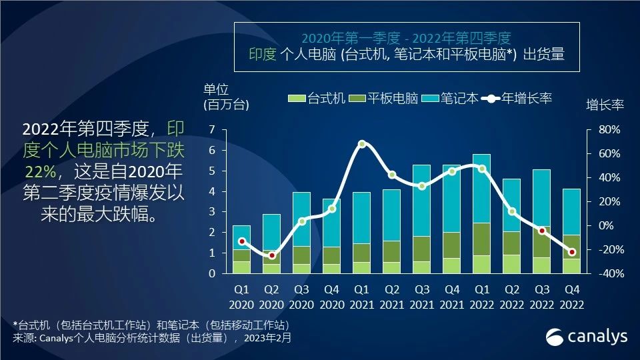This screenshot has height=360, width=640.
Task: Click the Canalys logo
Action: click(x=587, y=337)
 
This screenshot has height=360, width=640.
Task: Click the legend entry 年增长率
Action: click(x=521, y=99)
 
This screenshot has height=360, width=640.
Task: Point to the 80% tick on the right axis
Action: click(x=607, y=129)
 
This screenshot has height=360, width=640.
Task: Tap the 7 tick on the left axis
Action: click(x=212, y=129)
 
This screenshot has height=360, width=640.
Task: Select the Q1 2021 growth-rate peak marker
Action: click(x=362, y=144)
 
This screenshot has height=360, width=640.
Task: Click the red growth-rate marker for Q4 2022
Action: click(x=571, y=252)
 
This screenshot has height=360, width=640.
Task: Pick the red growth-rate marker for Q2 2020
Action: click(x=272, y=255)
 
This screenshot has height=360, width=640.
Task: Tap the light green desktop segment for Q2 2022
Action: click(x=511, y=264)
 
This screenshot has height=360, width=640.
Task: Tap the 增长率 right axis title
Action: click(x=605, y=106)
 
